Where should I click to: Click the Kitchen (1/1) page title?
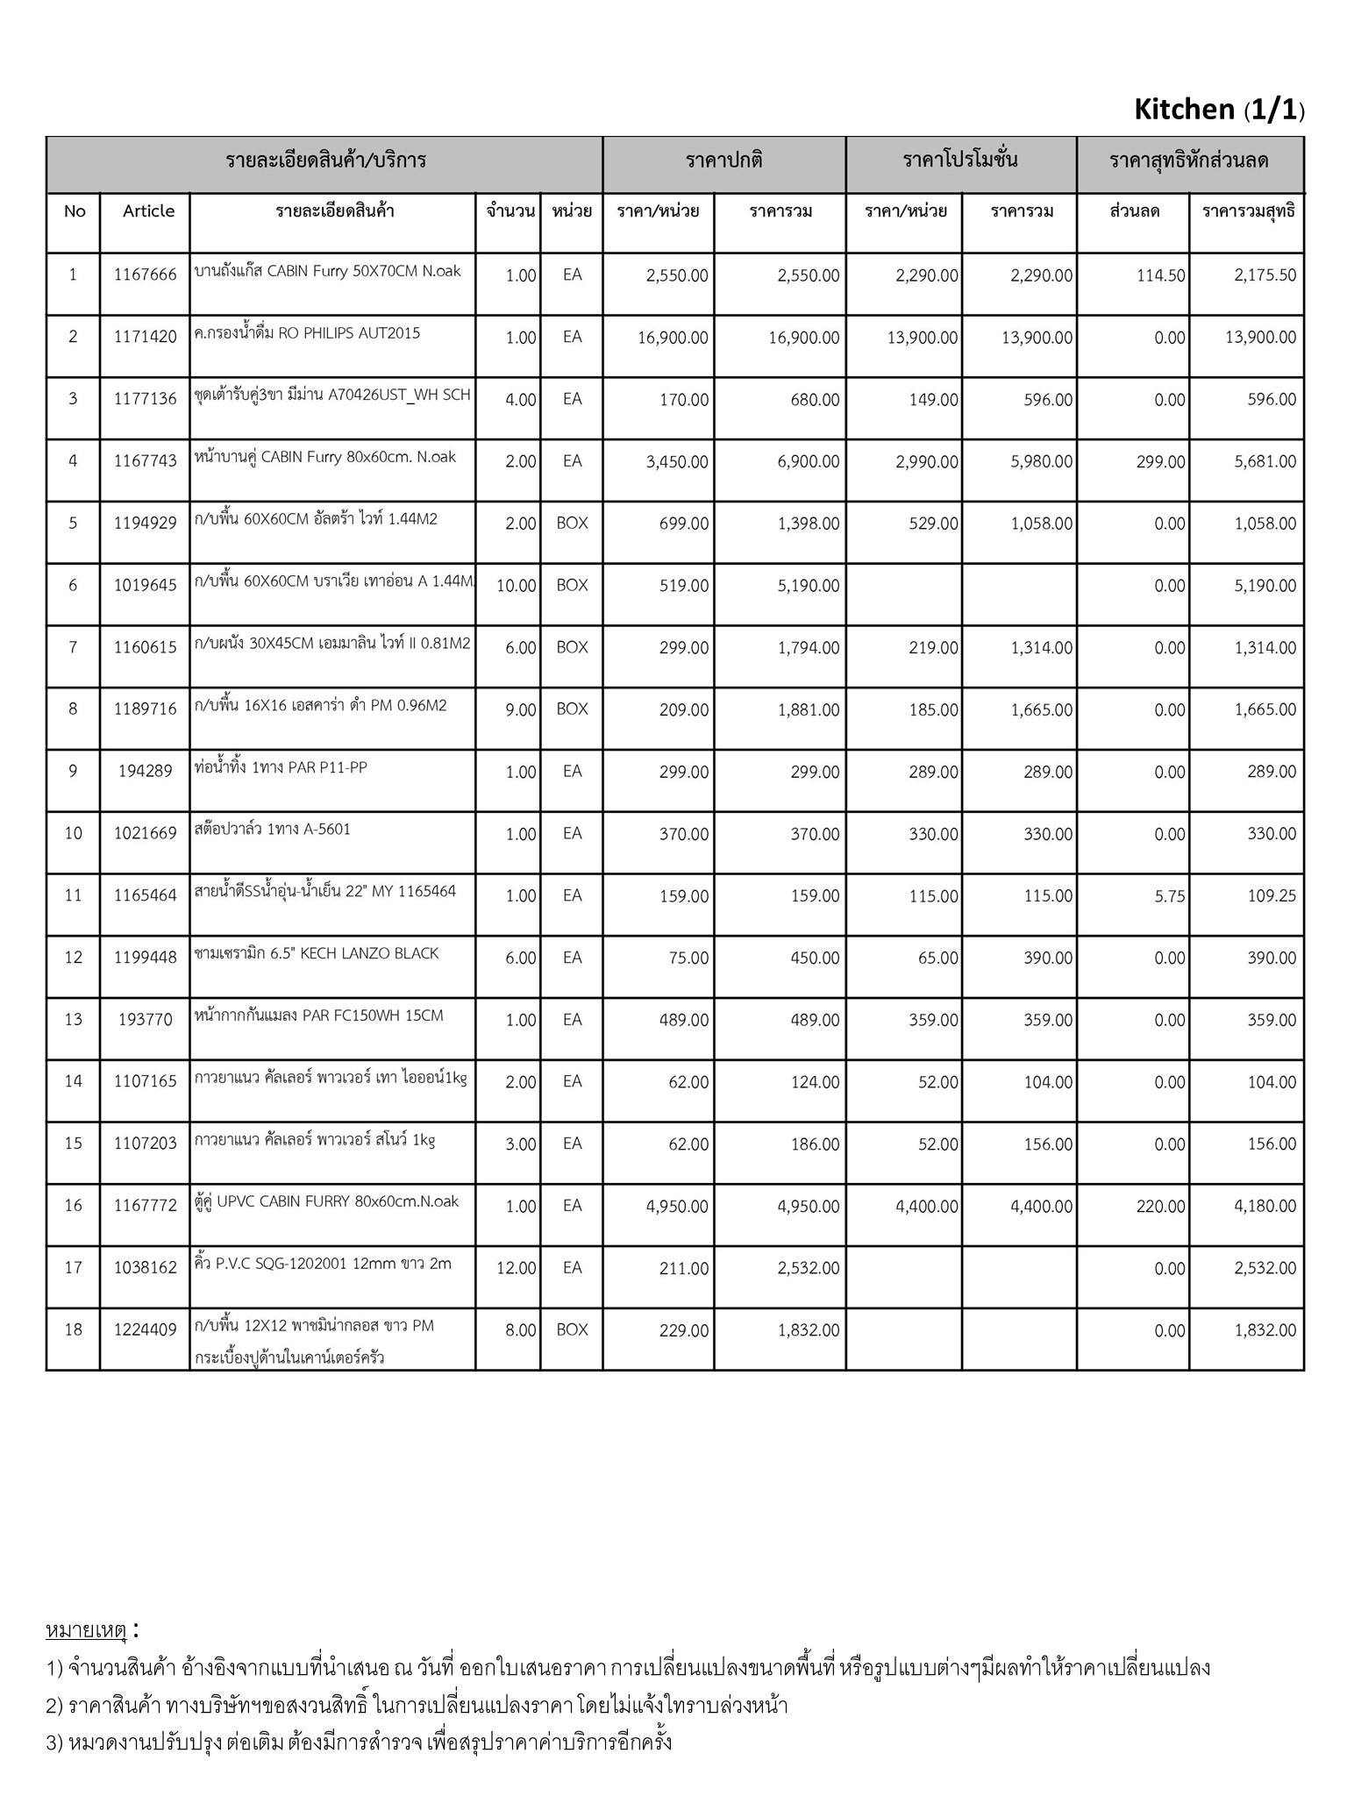(1218, 110)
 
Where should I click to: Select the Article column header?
(148, 211)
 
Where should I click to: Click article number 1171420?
(145, 337)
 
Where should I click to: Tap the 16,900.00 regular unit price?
(673, 338)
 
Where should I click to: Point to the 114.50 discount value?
(1160, 275)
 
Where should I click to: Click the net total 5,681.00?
(1265, 461)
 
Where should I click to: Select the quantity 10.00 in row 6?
(516, 586)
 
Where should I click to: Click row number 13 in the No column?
(73, 1019)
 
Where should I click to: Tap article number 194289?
(145, 772)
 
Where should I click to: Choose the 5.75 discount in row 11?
(1170, 896)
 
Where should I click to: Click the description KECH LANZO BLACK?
(317, 954)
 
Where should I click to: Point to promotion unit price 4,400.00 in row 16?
(927, 1207)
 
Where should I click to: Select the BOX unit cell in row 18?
(572, 1329)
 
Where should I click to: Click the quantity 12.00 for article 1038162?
(516, 1268)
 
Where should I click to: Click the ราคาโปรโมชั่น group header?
(960, 160)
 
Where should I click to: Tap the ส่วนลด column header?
(1134, 211)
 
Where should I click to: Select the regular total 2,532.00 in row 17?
(808, 1268)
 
